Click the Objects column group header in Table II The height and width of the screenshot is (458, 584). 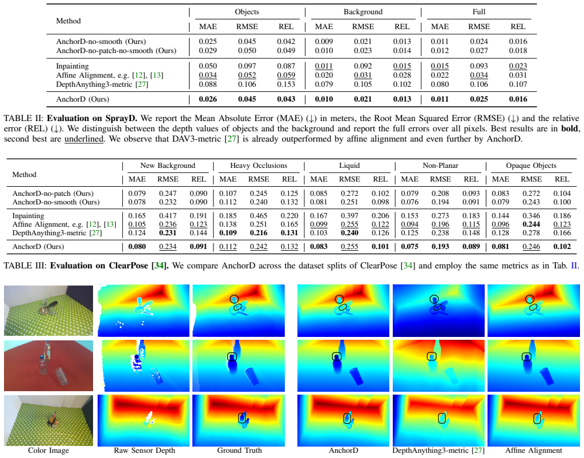coord(247,12)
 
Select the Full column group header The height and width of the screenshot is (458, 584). coord(479,12)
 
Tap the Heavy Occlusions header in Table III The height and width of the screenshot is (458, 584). coord(259,166)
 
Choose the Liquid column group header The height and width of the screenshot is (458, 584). coord(349,166)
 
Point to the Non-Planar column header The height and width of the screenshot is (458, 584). coord(440,166)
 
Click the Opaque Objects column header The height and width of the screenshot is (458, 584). coord(531,166)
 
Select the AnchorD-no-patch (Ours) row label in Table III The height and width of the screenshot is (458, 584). coord(53,194)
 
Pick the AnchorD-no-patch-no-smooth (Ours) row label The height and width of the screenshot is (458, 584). coord(116,51)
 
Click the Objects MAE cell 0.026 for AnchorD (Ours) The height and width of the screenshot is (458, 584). coord(208,99)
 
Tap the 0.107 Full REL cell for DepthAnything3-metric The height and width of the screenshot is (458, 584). coord(518,84)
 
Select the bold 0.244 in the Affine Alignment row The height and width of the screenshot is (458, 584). coord(531,224)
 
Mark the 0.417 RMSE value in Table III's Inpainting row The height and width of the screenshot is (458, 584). coord(168,216)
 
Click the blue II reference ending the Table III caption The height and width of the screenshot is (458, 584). coord(574,266)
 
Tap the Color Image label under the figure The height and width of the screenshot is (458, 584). coord(49,450)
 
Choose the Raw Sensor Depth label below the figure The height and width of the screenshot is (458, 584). coord(144,450)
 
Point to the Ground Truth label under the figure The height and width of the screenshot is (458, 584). coord(240,450)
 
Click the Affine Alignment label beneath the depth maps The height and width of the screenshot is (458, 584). coord(534,450)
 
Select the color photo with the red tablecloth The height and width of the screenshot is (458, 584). coord(49,365)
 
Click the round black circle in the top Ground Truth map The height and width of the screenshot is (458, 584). coord(234,299)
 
